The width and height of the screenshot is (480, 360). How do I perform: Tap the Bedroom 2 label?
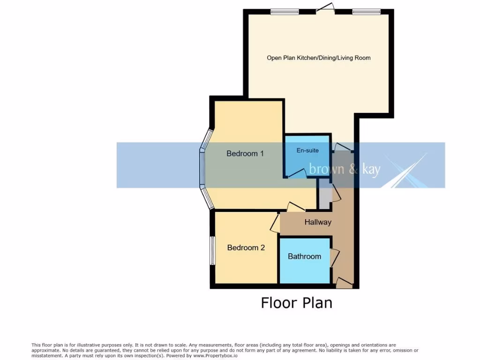click(x=246, y=247)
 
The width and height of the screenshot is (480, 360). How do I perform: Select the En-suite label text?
click(x=307, y=150)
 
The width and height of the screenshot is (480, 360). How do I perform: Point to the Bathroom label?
click(x=304, y=256)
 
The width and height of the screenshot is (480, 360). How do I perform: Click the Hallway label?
click(x=318, y=222)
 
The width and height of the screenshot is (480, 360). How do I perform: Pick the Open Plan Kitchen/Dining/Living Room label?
click(x=318, y=58)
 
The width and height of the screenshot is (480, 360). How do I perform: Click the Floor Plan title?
click(x=296, y=303)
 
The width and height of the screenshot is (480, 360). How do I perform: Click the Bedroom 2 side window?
click(x=212, y=250)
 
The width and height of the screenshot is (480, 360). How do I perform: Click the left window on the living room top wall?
click(x=285, y=12)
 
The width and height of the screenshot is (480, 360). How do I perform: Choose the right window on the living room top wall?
click(x=367, y=12)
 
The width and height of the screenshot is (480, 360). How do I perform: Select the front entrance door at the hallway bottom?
click(x=344, y=282)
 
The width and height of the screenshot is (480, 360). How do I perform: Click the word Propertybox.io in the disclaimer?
click(x=213, y=355)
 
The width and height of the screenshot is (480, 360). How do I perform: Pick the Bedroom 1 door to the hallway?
click(x=296, y=206)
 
